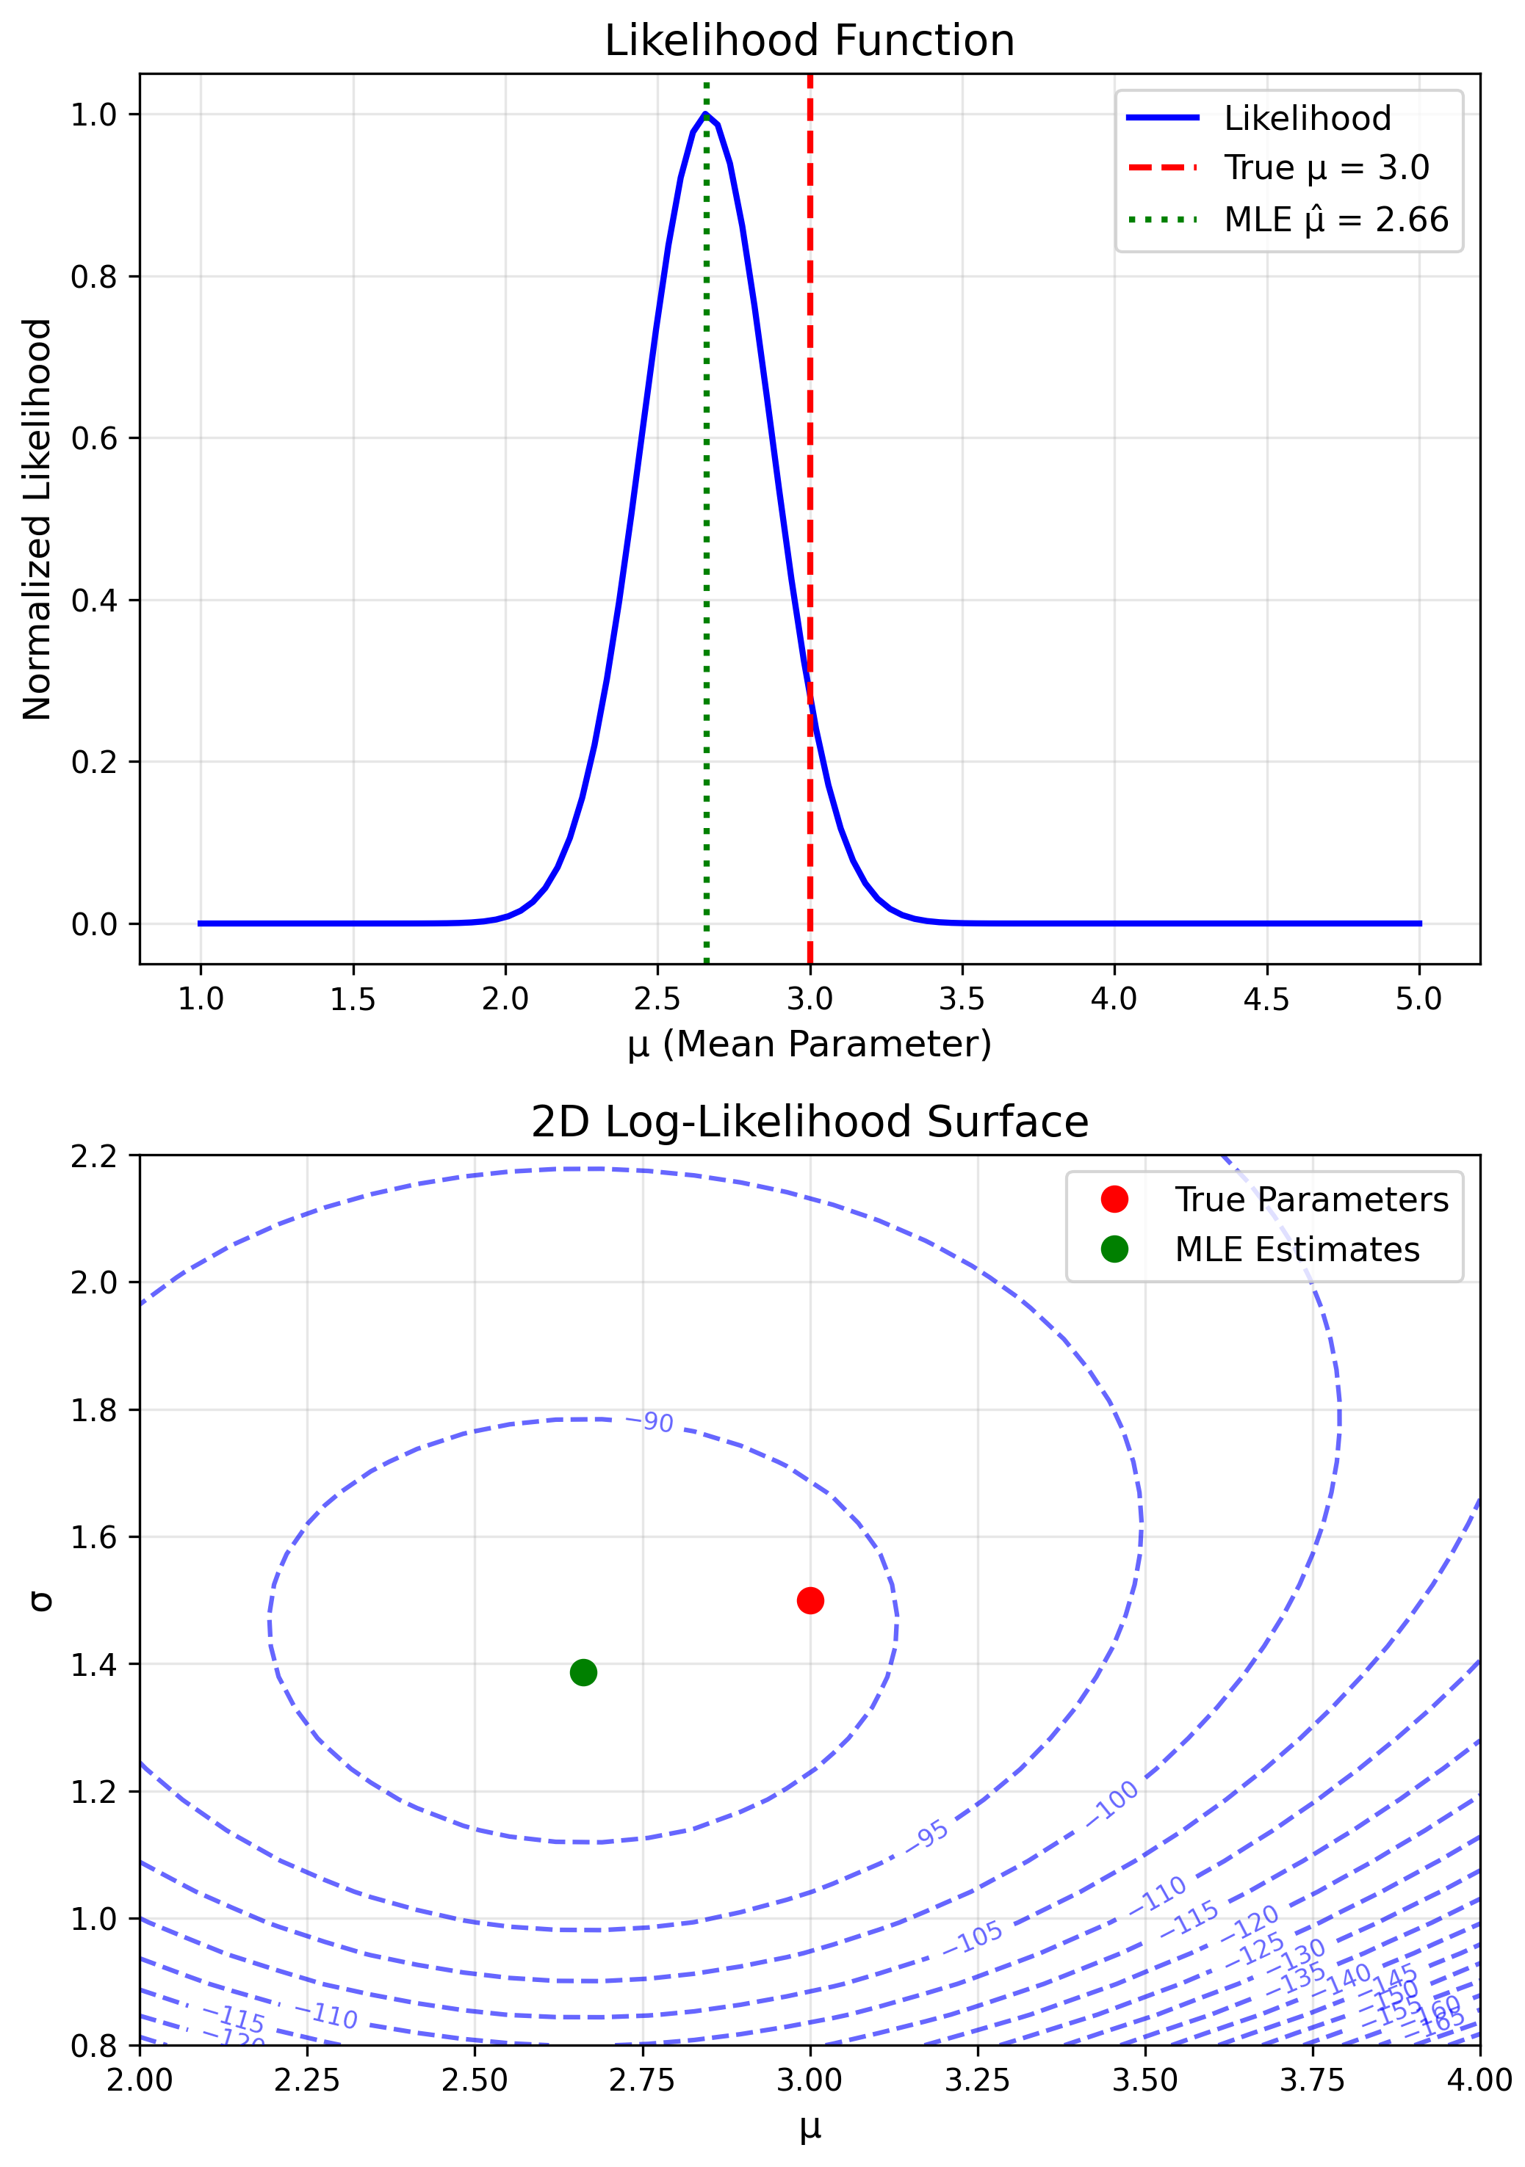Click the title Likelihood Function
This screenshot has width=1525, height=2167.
(x=810, y=42)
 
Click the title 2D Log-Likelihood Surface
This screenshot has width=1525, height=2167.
(x=810, y=1122)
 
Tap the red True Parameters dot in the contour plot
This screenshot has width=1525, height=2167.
(x=810, y=1601)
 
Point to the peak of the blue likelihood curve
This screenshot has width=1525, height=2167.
(x=705, y=115)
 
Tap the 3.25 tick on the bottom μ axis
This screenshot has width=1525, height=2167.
(x=977, y=2080)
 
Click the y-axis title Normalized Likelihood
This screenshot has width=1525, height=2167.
(x=37, y=519)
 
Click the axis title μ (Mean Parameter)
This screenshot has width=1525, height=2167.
(x=810, y=1044)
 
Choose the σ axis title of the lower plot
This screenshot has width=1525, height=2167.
(x=40, y=1601)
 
